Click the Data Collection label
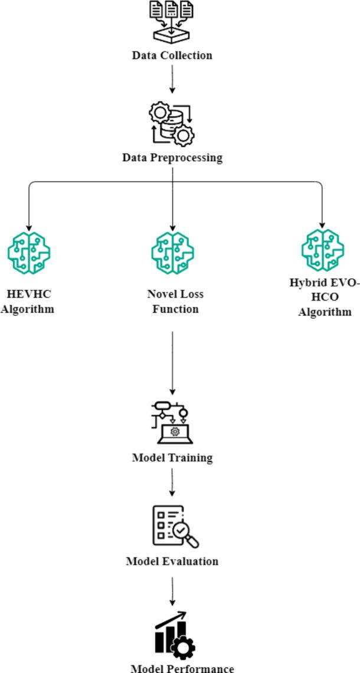click(172, 55)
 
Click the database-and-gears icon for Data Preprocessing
click(172, 123)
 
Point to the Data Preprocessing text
click(172, 158)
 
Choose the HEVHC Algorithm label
click(27, 301)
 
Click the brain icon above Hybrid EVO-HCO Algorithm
click(322, 250)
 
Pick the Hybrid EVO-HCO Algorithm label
click(324, 297)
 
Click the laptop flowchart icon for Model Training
click(172, 422)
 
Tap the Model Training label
click(172, 458)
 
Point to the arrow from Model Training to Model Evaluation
click(172, 482)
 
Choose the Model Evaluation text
click(172, 561)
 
